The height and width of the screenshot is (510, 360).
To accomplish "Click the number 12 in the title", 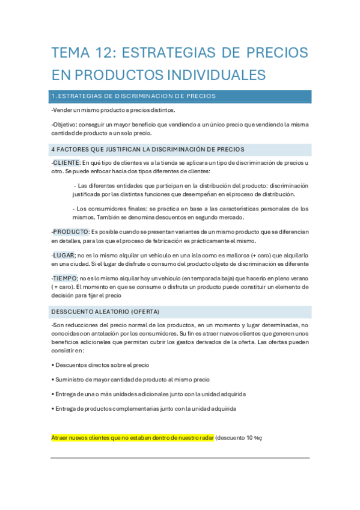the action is coord(103,53).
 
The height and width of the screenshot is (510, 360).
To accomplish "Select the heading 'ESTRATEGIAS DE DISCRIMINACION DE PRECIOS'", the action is coord(136,96).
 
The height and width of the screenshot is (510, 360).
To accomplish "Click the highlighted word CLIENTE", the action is coord(66,163).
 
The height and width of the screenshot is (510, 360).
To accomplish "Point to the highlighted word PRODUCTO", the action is coord(71,232).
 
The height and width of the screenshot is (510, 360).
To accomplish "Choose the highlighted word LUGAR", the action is coord(64,256).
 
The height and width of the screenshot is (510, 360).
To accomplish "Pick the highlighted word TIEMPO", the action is coord(65,278).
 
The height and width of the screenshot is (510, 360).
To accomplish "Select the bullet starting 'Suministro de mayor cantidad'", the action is coord(131,379).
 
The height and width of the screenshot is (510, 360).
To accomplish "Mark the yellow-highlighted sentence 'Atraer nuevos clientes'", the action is coord(132,438).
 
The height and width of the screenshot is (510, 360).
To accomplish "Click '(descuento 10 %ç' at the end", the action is coord(239,438).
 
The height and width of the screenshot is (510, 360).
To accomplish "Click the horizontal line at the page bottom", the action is coord(180,458).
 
